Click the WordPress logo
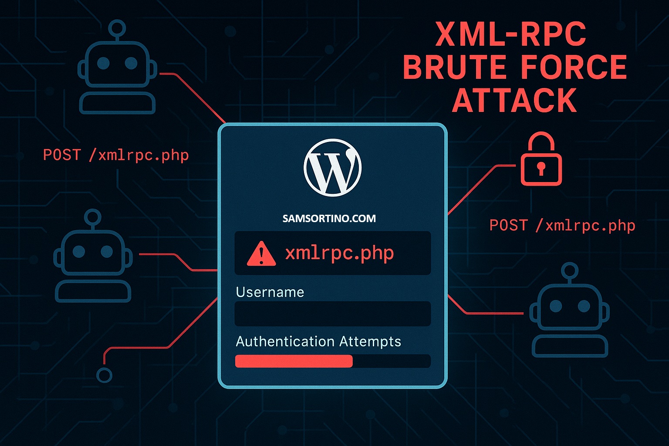(332, 167)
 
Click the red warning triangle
(261, 253)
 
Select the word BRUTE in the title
(454, 68)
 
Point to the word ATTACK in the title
(514, 101)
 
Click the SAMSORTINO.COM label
(329, 219)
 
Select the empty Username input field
(332, 314)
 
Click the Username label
(270, 292)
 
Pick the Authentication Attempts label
(318, 341)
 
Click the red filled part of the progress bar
(294, 361)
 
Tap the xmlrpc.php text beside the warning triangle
(339, 253)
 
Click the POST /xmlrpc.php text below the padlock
(562, 226)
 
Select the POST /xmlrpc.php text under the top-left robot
(116, 155)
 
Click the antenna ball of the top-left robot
(117, 28)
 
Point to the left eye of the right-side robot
(556, 306)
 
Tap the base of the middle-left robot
(93, 291)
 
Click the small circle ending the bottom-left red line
(104, 375)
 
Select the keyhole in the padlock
(541, 168)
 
